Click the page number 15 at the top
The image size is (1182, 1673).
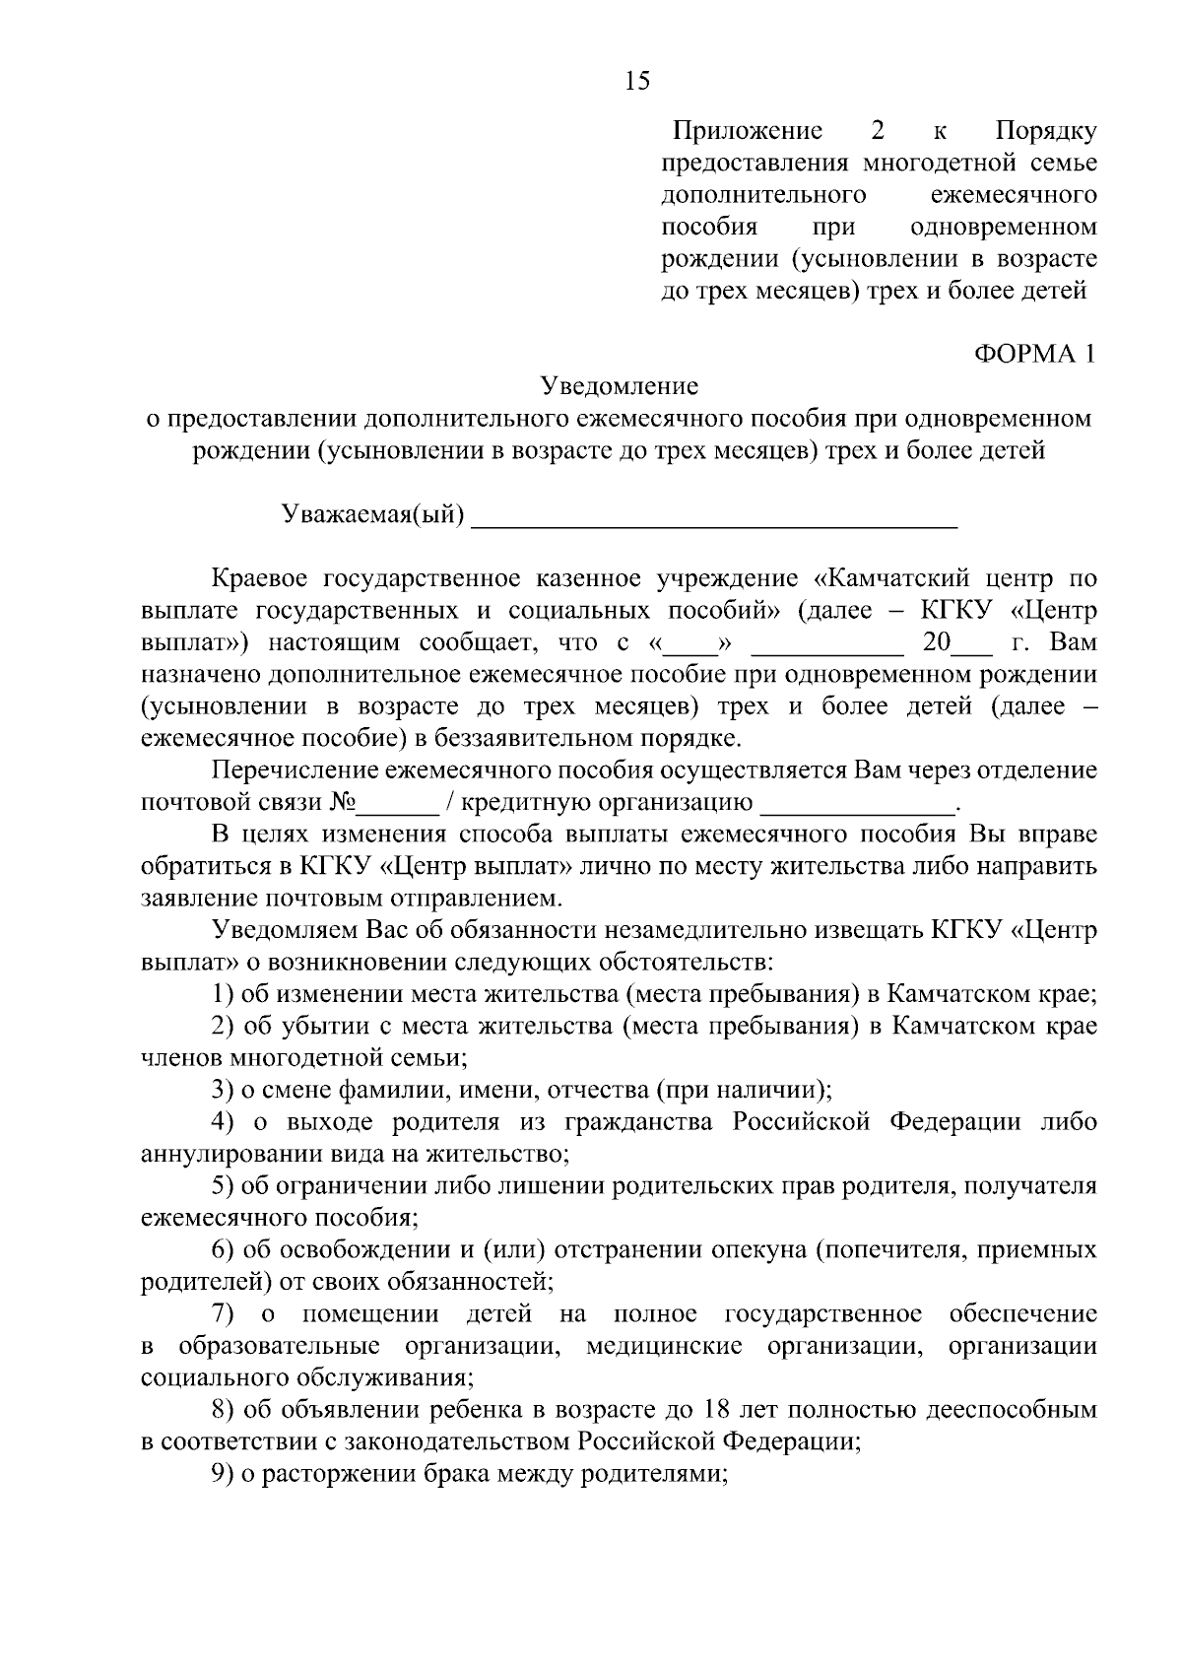pyautogui.click(x=637, y=81)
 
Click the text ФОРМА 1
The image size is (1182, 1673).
pyautogui.click(x=1034, y=355)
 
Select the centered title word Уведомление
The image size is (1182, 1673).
pyautogui.click(x=620, y=386)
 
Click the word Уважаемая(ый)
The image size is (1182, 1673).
pyautogui.click(x=373, y=515)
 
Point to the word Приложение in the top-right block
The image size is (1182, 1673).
pyautogui.click(x=747, y=131)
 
